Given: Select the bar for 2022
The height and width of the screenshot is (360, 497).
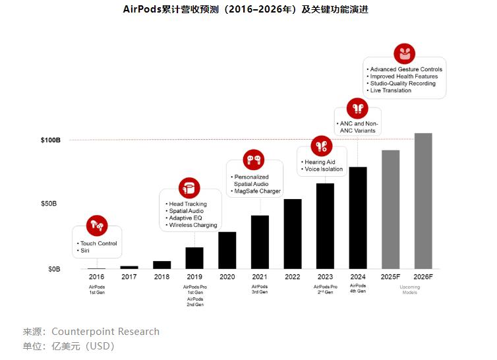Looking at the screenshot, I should pyautogui.click(x=293, y=234).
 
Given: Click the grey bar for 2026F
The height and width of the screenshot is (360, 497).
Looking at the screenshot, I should pyautogui.click(x=423, y=201).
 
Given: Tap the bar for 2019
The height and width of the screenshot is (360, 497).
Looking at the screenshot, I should pyautogui.click(x=194, y=258).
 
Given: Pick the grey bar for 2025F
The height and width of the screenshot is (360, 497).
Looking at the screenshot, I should pyautogui.click(x=390, y=210).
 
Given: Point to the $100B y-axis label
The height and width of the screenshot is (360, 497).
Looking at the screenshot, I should pyautogui.click(x=51, y=140).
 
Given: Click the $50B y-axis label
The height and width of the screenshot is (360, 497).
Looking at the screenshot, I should pyautogui.click(x=51, y=204).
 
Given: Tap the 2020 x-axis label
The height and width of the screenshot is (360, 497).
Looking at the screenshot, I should pyautogui.click(x=227, y=277).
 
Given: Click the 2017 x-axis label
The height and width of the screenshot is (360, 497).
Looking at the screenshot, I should pyautogui.click(x=129, y=277).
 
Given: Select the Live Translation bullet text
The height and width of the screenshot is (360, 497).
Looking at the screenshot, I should pyautogui.click(x=391, y=90).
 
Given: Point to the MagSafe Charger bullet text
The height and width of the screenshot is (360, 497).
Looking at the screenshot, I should pyautogui.click(x=258, y=191).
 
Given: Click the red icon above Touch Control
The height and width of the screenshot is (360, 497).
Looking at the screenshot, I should pyautogui.click(x=97, y=225).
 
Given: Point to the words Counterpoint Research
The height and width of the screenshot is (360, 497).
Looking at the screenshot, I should pyautogui.click(x=105, y=332).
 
